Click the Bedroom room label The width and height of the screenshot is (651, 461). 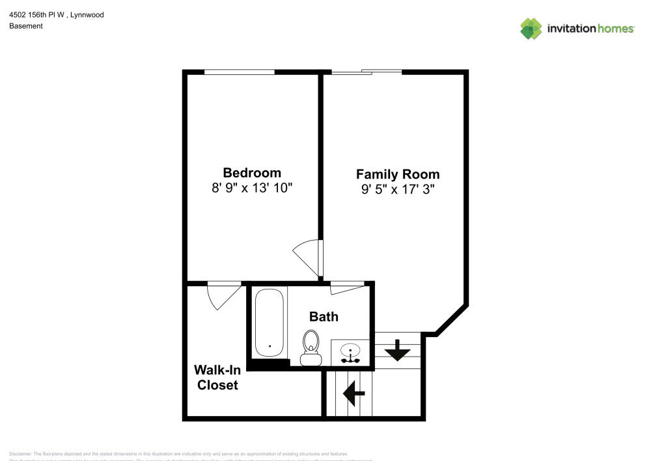pos(252,173)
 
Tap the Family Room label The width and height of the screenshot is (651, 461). pos(397,174)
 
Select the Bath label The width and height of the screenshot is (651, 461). pos(324,316)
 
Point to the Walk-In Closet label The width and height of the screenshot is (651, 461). pos(217,378)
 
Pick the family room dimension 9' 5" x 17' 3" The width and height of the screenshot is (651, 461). pos(397,190)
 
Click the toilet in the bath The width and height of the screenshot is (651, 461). pos(311,347)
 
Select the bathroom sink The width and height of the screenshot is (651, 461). pos(351,353)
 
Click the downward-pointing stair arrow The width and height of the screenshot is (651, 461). pos(397,353)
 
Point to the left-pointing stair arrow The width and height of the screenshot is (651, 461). pos(353,393)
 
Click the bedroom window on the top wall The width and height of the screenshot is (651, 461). pos(239,72)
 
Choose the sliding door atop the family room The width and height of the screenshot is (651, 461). pos(367,71)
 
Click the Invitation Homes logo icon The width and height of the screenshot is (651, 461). pos(531,28)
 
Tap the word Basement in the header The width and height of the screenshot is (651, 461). pos(26,26)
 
